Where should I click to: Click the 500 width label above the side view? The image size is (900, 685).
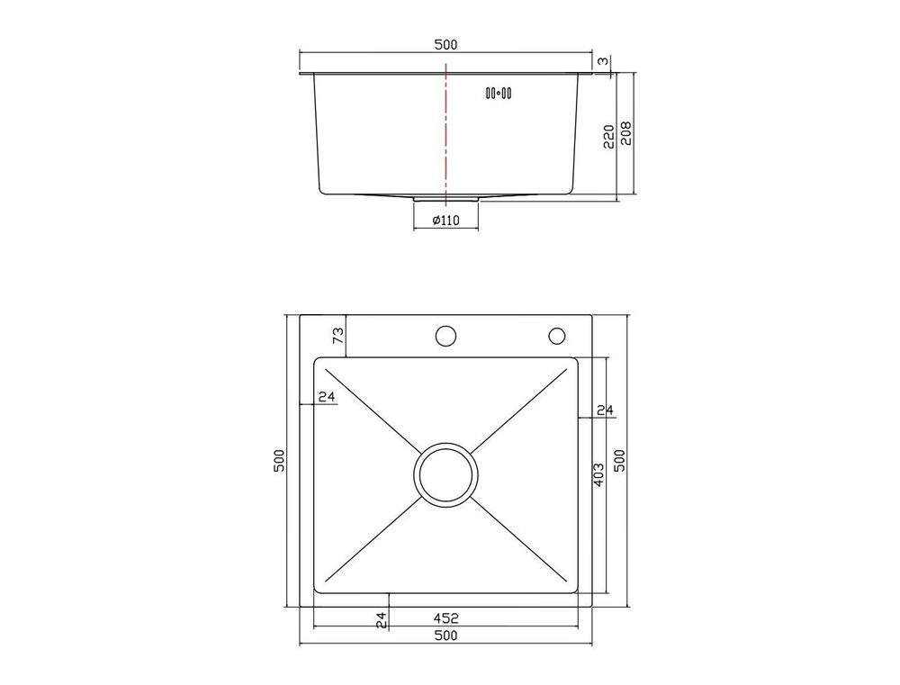click(445, 45)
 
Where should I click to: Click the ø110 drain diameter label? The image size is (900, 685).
click(446, 221)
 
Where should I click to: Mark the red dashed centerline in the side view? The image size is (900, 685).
click(445, 135)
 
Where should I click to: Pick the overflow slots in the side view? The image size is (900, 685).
click(499, 92)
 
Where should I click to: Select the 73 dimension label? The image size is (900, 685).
click(338, 337)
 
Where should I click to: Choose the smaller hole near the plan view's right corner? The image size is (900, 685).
click(556, 337)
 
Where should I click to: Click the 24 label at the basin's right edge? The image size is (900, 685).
click(605, 411)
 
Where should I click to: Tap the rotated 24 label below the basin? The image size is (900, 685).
click(381, 618)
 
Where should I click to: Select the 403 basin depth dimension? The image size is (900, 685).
click(598, 474)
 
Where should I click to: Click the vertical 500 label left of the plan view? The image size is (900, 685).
click(280, 461)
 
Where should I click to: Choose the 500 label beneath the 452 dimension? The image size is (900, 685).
click(445, 636)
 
